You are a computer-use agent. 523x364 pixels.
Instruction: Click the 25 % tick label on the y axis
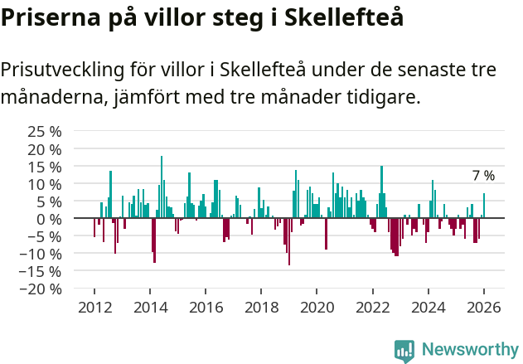[x=45, y=131]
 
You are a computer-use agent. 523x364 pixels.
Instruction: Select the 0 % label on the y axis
[x=49, y=219]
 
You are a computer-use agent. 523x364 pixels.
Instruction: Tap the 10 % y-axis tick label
[x=45, y=183]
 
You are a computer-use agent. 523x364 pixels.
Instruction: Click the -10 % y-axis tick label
[x=41, y=254]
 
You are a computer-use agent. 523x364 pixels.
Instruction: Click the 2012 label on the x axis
[x=94, y=307]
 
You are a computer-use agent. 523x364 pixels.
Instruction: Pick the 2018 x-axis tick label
[x=261, y=307]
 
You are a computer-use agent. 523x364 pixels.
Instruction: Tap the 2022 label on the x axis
[x=372, y=307]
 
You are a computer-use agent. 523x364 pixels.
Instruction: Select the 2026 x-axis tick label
[x=483, y=307]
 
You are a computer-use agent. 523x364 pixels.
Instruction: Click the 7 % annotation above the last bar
[x=483, y=176]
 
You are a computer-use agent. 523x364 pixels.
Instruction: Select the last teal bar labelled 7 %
[x=484, y=206]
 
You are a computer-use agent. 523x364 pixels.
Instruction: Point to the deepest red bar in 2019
[x=288, y=241]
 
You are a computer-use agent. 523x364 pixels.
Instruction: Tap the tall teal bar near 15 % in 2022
[x=381, y=192]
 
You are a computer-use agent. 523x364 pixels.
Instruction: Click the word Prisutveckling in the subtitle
[x=65, y=70]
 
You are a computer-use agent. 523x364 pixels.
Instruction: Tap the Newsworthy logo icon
[x=404, y=350]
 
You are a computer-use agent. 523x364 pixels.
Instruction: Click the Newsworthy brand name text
[x=469, y=350]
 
